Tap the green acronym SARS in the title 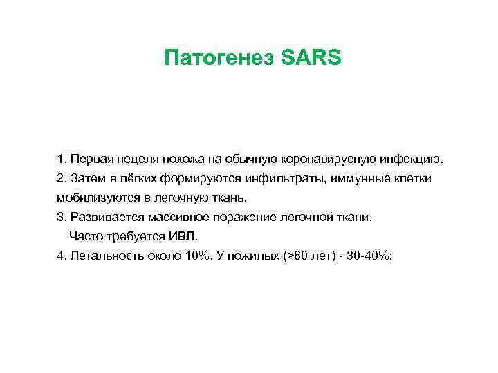(x=312, y=57)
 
